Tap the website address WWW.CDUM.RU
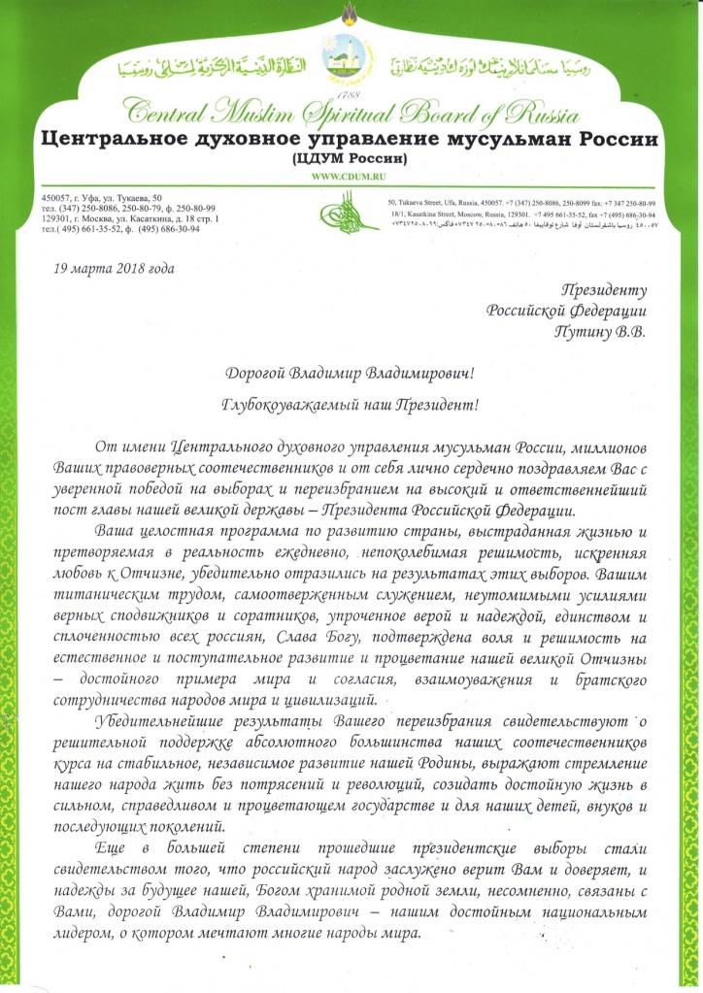coord(350,175)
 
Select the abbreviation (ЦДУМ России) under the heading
coord(351,158)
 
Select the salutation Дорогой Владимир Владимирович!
coord(350,373)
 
